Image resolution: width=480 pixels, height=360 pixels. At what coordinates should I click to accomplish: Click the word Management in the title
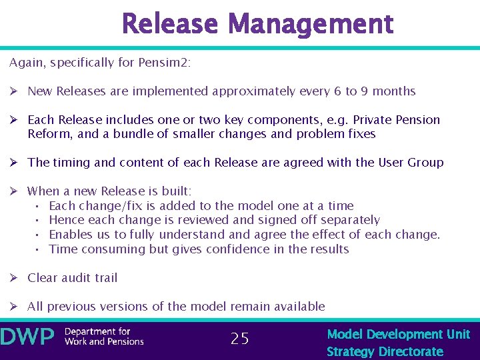tap(311, 25)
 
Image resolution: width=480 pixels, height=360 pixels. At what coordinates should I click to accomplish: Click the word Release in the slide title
tap(170, 25)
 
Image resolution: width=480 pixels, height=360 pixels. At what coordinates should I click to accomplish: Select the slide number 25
tap(239, 339)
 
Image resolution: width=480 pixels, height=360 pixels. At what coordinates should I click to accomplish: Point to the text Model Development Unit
tap(398, 334)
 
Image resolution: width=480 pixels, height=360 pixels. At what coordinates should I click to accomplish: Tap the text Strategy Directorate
tap(385, 351)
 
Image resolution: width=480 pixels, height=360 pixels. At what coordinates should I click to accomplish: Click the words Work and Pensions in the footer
tap(104, 341)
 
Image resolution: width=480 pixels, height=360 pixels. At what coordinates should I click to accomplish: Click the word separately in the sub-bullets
tap(350, 220)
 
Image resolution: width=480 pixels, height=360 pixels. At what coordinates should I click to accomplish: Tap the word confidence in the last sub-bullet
tap(245, 249)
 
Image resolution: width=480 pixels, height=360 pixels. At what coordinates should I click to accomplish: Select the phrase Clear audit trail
tap(72, 278)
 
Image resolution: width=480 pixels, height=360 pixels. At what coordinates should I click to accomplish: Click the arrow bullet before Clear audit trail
tap(14, 278)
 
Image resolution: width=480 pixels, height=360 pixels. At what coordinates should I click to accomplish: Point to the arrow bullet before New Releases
tap(14, 91)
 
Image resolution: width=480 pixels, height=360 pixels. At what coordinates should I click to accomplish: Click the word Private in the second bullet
tap(371, 120)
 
